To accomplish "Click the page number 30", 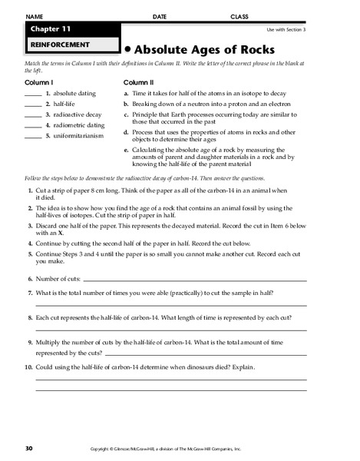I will pos(29,446).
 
